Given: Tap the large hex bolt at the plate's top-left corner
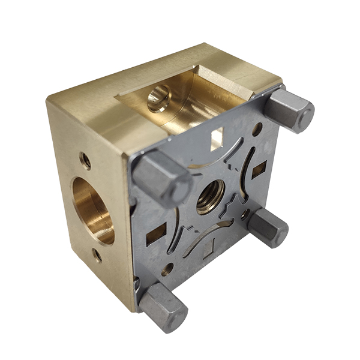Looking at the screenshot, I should tap(161, 178).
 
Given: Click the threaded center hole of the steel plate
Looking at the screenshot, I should tap(211, 197).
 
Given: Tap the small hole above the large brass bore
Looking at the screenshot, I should tap(86, 160).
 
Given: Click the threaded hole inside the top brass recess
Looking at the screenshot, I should tap(158, 97).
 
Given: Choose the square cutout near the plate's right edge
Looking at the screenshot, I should tap(259, 170).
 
